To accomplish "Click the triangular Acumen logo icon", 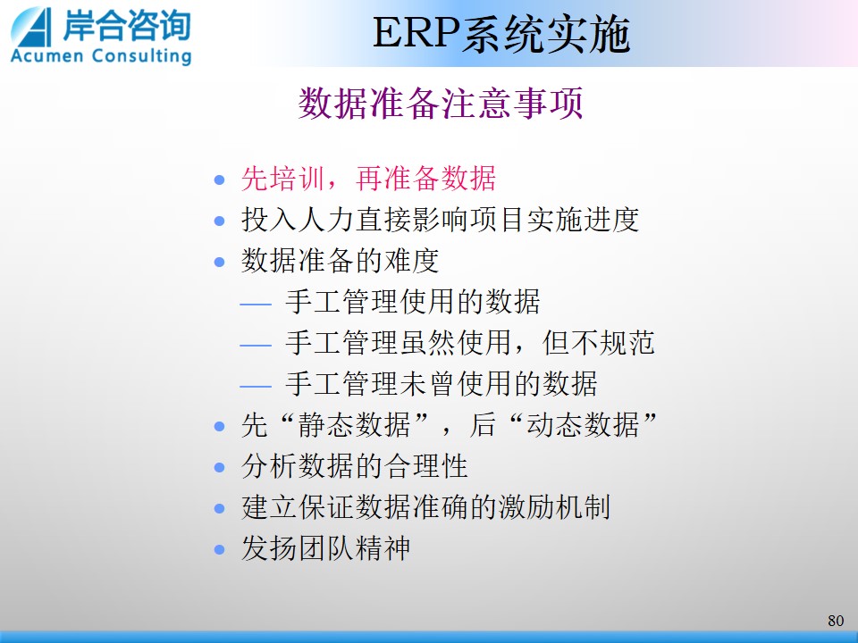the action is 32,28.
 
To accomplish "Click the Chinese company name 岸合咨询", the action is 127,25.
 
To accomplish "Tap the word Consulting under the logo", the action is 142,56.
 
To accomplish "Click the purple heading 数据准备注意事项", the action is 441,103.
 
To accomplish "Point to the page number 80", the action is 836,621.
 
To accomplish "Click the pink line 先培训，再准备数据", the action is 368,179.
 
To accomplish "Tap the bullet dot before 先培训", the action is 220,180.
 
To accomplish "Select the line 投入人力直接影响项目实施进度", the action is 440,220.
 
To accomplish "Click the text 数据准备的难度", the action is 340,260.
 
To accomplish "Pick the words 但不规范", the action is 598,343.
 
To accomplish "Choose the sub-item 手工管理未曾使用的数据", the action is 441,383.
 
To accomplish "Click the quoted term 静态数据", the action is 354,424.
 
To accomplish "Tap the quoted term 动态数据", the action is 583,424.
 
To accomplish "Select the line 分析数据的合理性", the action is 355,466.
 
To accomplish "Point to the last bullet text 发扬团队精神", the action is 325,547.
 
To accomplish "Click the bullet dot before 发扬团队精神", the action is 220,549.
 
